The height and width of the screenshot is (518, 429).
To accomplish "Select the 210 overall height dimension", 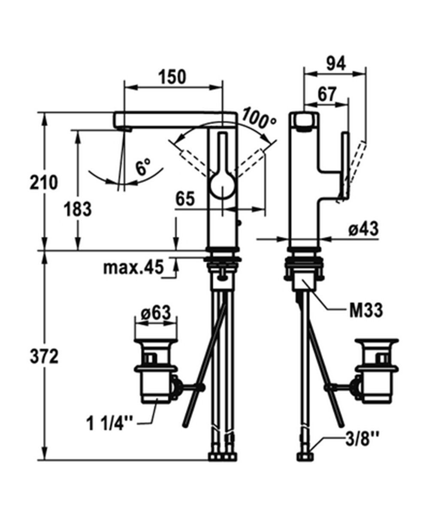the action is coord(44,183).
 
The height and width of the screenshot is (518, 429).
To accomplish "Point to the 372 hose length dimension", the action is coord(44,356).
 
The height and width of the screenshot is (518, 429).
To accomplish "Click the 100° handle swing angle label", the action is coord(259,119).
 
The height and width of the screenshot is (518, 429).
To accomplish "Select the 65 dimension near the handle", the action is coord(185,199).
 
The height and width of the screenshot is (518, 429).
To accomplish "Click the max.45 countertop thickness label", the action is coord(133,267).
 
